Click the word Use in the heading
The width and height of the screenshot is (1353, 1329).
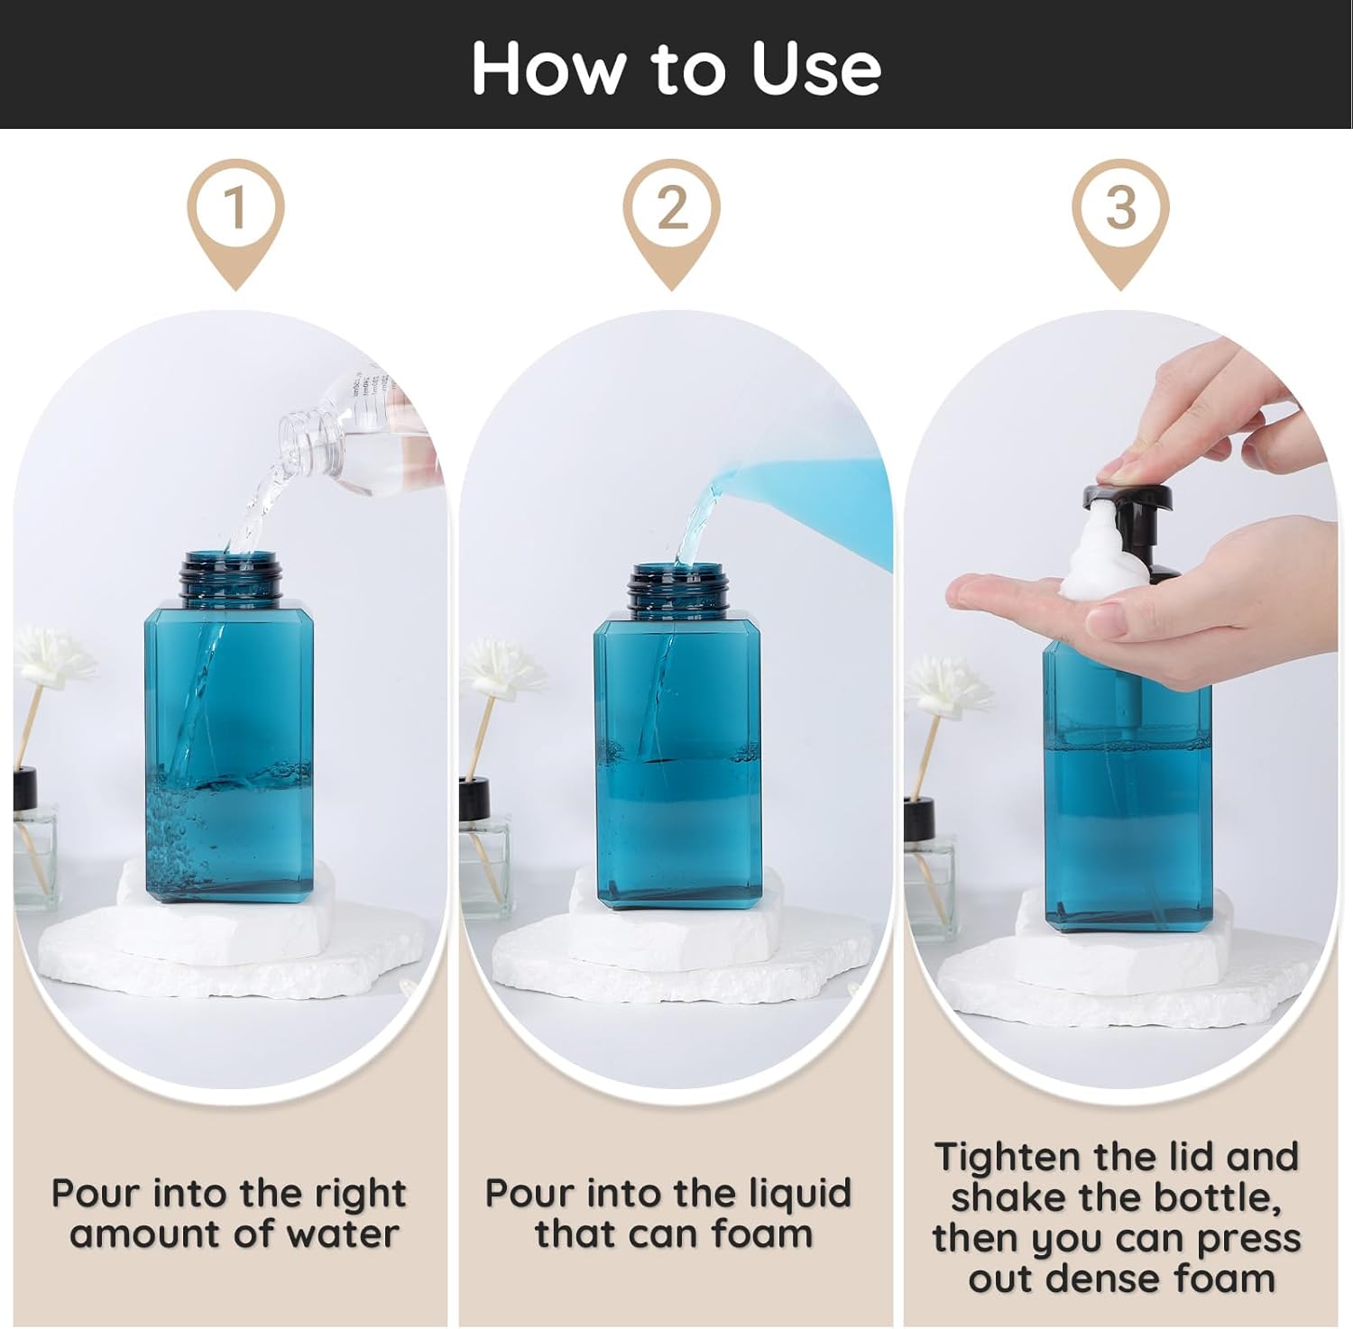pyautogui.click(x=815, y=69)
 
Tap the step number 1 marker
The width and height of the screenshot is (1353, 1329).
pyautogui.click(x=236, y=209)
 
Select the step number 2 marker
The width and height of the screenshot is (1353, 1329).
pyautogui.click(x=673, y=209)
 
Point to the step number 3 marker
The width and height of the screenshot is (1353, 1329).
pyautogui.click(x=1120, y=209)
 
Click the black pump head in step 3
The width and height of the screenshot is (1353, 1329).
pyautogui.click(x=1127, y=498)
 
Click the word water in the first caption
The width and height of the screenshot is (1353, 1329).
pyautogui.click(x=346, y=1234)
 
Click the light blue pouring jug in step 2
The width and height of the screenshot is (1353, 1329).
pyautogui.click(x=812, y=505)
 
